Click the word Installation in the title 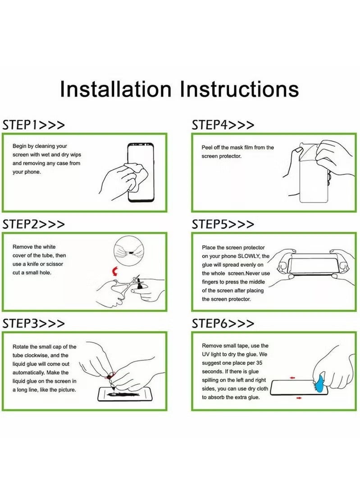click(x=116, y=89)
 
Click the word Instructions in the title click(x=240, y=89)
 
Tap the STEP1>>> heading click(x=34, y=125)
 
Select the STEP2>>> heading click(x=34, y=224)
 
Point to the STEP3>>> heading click(x=34, y=323)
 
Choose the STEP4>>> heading click(x=223, y=125)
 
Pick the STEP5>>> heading click(x=223, y=224)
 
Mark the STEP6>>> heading click(x=223, y=323)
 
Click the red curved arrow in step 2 click(x=115, y=272)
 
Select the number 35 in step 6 click(x=259, y=363)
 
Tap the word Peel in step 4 click(x=207, y=147)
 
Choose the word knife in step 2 click(x=33, y=264)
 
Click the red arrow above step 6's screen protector click(x=292, y=378)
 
